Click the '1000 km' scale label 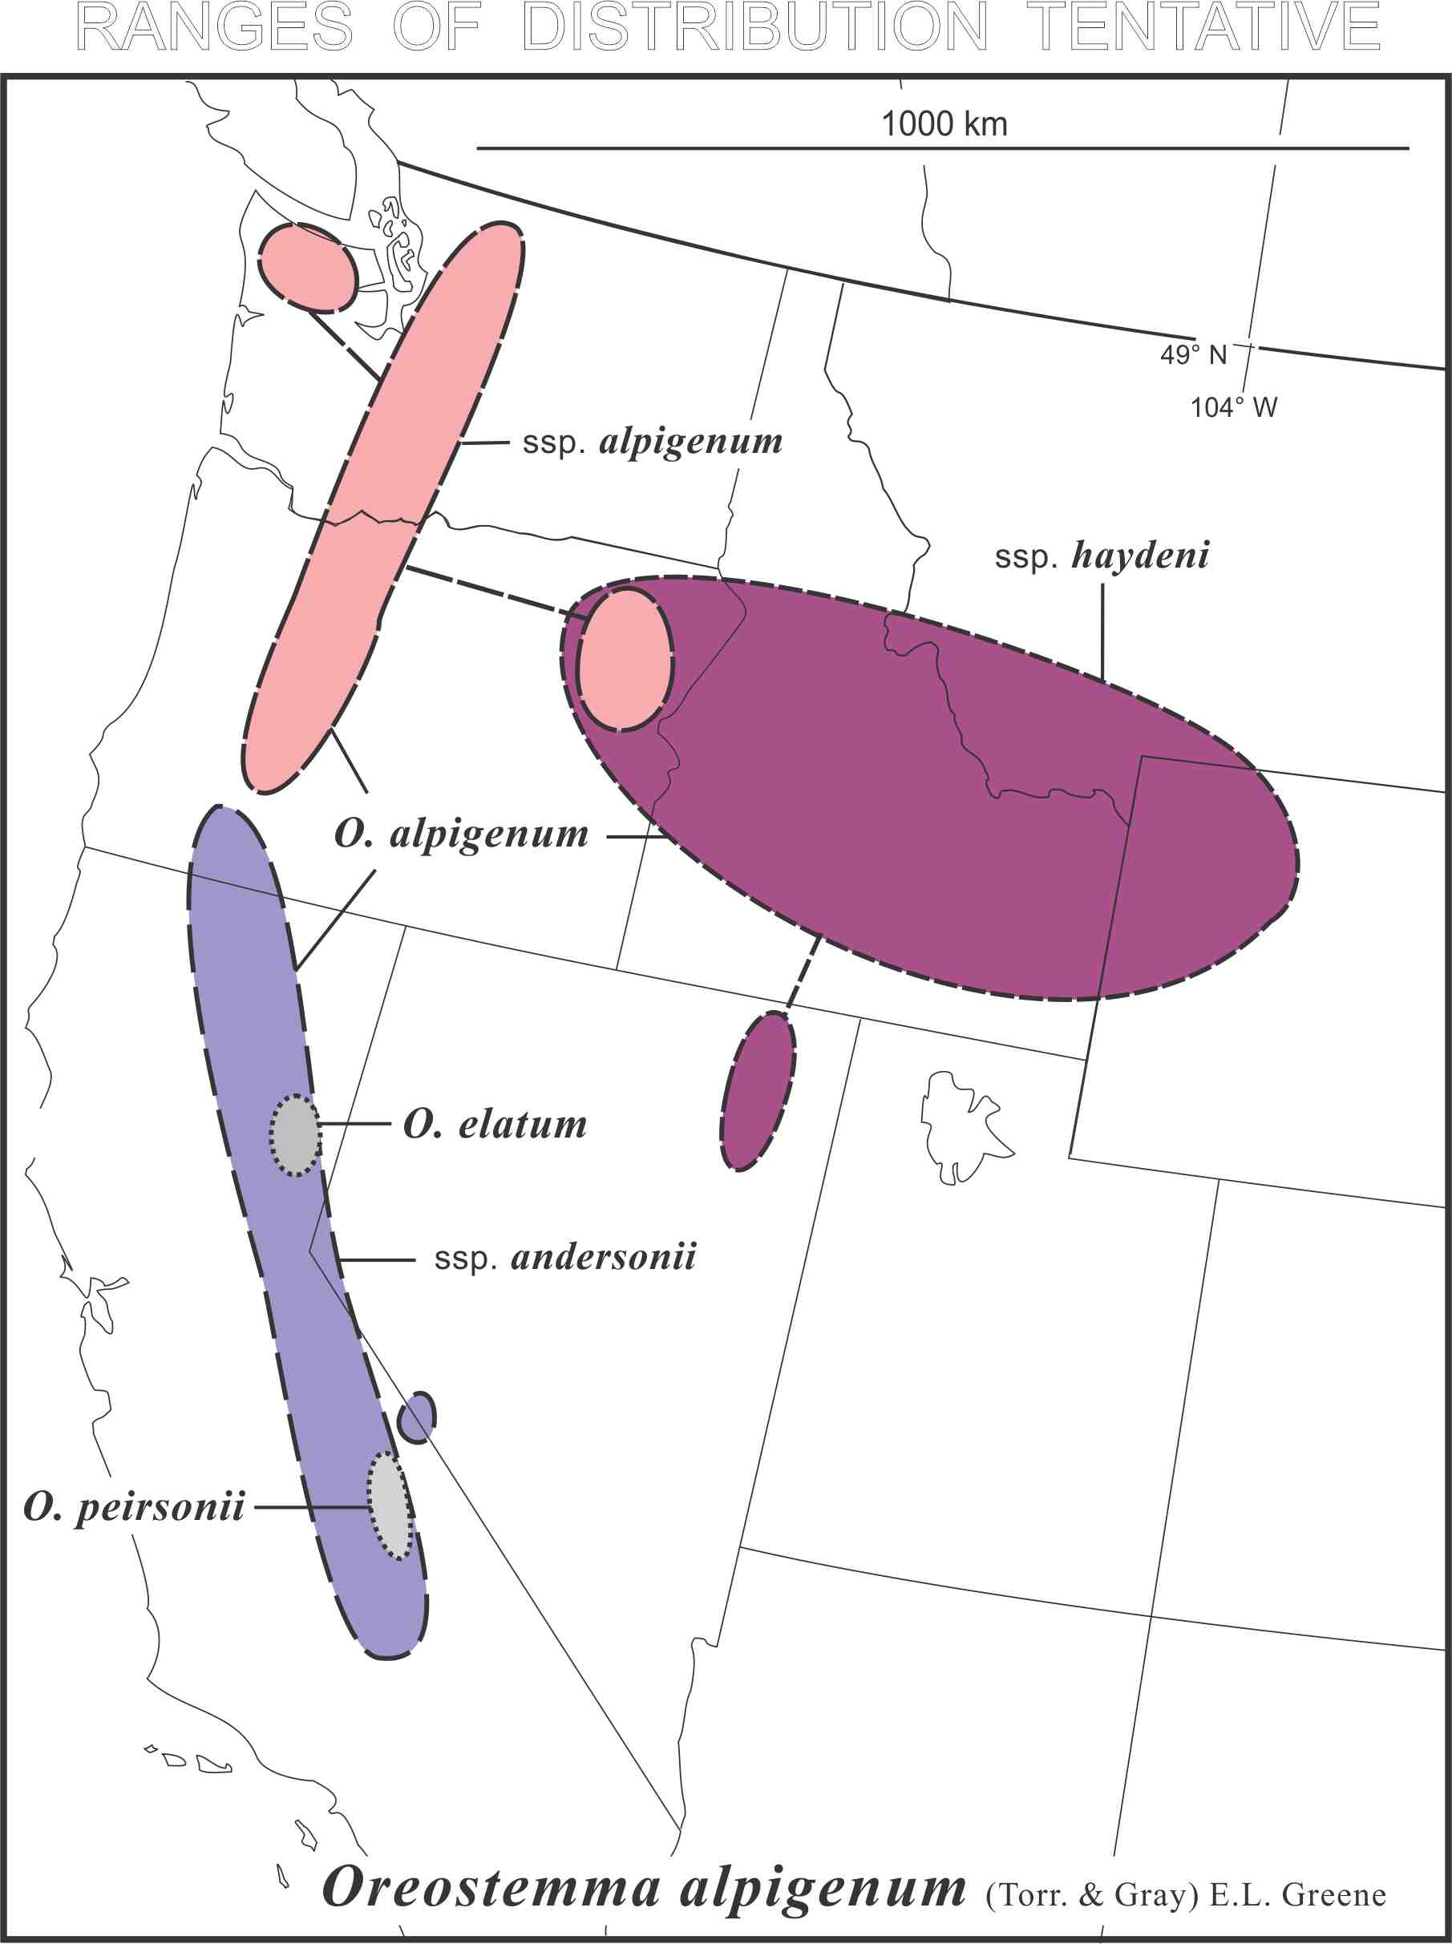click(944, 124)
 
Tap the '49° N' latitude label click(1193, 354)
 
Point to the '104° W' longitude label click(1233, 407)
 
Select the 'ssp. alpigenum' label click(652, 442)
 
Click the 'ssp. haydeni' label click(1102, 556)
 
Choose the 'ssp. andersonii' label click(565, 1258)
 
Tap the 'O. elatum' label click(495, 1124)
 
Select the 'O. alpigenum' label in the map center click(462, 834)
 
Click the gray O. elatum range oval click(295, 1134)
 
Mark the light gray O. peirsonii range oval click(390, 1505)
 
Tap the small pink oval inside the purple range click(625, 659)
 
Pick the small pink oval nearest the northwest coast click(308, 267)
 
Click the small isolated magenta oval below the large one click(758, 1090)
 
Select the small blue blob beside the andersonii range click(417, 1417)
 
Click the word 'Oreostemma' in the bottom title click(491, 1887)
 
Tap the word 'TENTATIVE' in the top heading click(1203, 26)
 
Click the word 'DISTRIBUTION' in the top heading click(755, 26)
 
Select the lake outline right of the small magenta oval click(962, 1126)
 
